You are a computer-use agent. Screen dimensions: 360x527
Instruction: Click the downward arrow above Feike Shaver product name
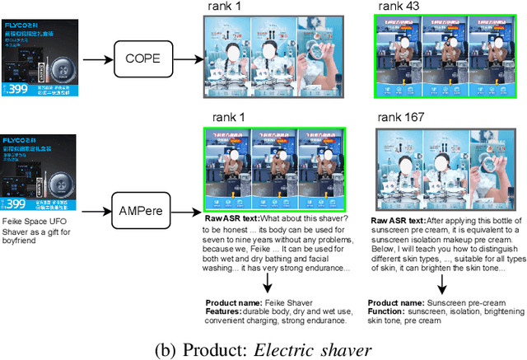[266, 283]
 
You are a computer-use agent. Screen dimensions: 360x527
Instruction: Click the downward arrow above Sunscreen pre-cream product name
[441, 283]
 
